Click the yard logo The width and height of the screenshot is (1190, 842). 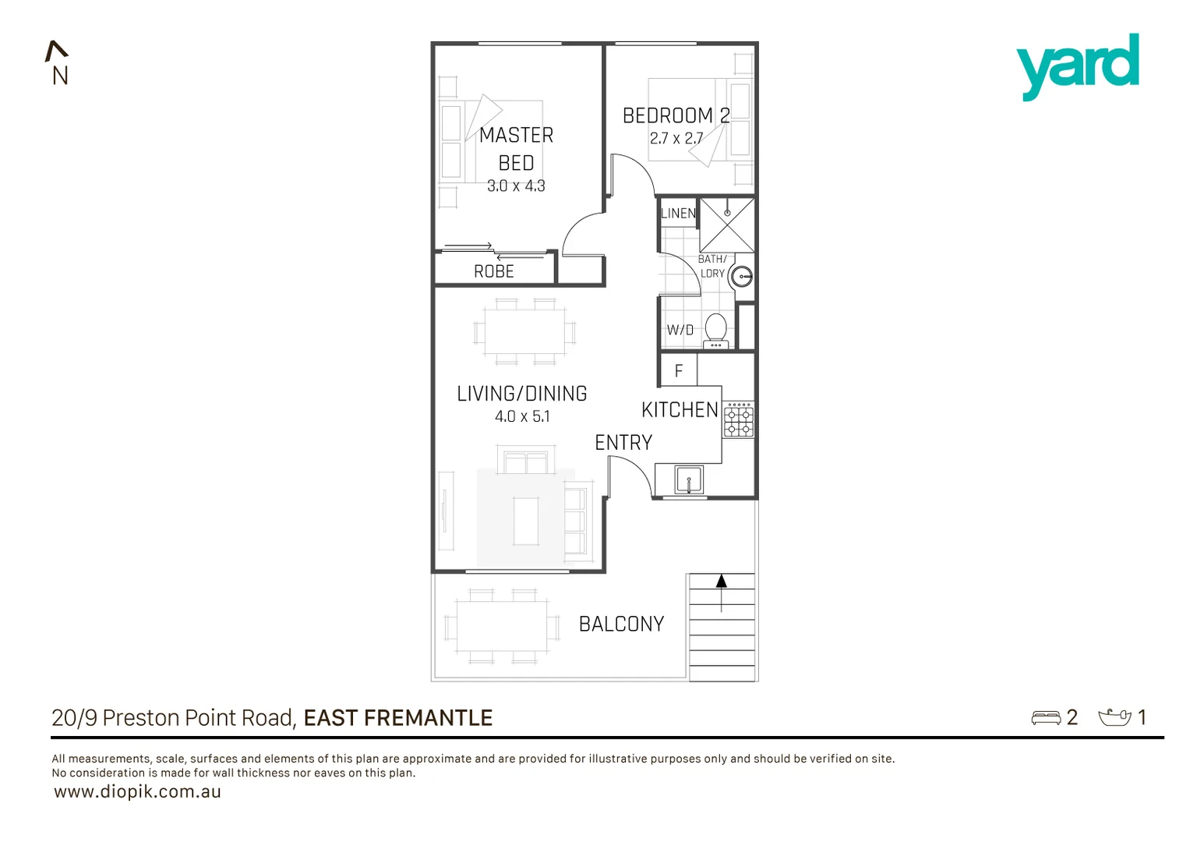point(1077,65)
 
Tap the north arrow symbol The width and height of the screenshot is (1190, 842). point(57,52)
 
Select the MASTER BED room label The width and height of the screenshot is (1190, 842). point(516,149)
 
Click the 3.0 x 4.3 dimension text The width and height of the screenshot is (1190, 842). point(516,186)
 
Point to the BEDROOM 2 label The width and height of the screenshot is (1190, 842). point(676,116)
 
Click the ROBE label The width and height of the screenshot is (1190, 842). point(494,272)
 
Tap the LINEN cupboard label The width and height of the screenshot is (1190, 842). point(678,214)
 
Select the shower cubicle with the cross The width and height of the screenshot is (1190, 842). point(727,225)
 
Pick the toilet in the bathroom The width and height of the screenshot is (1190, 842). point(715,330)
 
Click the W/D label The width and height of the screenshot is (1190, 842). point(680,331)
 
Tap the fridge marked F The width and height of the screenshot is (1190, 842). point(679,371)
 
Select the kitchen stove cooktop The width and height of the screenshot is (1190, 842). point(738,420)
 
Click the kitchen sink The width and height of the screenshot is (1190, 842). point(689,479)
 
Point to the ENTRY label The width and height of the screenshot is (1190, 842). point(623,443)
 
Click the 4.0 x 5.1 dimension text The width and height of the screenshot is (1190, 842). point(522,417)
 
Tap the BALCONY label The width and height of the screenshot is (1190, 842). point(621,624)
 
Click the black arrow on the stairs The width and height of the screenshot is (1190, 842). point(722,582)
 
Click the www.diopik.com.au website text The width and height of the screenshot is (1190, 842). point(137,792)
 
